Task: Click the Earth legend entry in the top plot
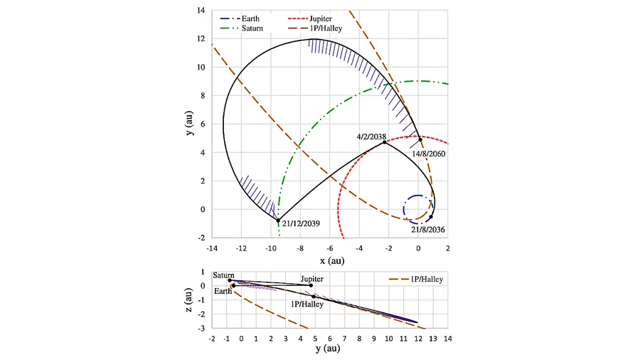pyautogui.click(x=240, y=18)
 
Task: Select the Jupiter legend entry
pyautogui.click(x=310, y=18)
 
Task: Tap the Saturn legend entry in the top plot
pyautogui.click(x=241, y=28)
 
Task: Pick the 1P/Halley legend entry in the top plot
pyautogui.click(x=315, y=28)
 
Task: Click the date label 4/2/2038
pyautogui.click(x=371, y=137)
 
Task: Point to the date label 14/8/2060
pyautogui.click(x=428, y=154)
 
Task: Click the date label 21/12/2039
pyautogui.click(x=301, y=223)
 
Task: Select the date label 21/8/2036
pyautogui.click(x=428, y=230)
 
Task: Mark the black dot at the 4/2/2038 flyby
pyautogui.click(x=385, y=142)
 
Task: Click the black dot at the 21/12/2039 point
pyautogui.click(x=278, y=221)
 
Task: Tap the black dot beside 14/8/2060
pyautogui.click(x=420, y=139)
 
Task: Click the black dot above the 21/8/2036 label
pyautogui.click(x=431, y=217)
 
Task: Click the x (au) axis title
pyautogui.click(x=332, y=261)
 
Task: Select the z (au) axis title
pyautogui.click(x=188, y=300)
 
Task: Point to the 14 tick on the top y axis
pyautogui.click(x=201, y=10)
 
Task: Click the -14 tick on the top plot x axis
pyautogui.click(x=212, y=248)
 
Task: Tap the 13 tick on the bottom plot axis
pyautogui.click(x=432, y=339)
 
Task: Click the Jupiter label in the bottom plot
pyautogui.click(x=312, y=279)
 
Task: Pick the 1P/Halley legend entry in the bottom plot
pyautogui.click(x=416, y=280)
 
